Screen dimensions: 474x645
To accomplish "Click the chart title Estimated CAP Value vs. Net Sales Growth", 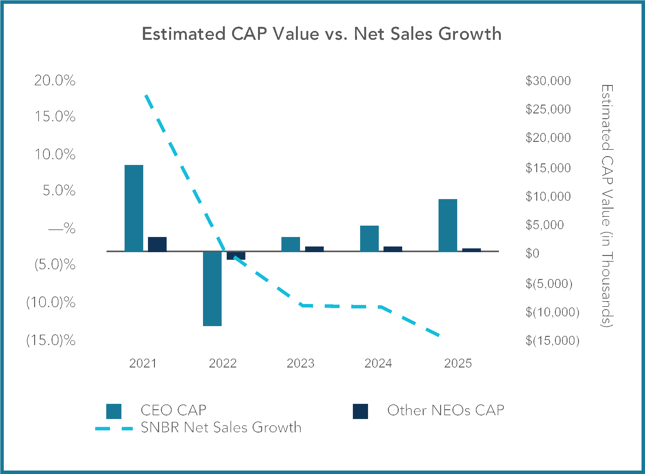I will coord(322,34).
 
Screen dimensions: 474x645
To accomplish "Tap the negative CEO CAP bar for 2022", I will coord(212,289).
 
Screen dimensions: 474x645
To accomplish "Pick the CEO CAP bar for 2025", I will coord(448,225).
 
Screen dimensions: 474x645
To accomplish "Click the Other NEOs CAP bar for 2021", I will coord(157,244).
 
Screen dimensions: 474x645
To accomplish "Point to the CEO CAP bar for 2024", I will coord(369,238).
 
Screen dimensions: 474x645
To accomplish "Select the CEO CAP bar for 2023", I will coord(291,244).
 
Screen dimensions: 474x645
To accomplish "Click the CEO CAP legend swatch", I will coord(114,411).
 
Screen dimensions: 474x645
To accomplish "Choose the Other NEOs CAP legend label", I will coord(445,410).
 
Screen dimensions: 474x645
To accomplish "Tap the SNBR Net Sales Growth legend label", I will coord(221,428).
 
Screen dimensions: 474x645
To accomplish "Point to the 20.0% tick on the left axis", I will coord(55,81).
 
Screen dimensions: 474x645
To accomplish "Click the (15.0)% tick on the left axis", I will coord(51,340).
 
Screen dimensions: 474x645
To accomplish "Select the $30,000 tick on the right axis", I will coord(548,81).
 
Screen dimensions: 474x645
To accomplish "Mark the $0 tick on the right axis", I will coord(532,253).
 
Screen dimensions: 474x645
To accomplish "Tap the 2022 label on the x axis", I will coord(223,363).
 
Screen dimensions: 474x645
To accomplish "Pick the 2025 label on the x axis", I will coord(458,363).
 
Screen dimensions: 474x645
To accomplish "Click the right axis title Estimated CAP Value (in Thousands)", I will coord(607,205).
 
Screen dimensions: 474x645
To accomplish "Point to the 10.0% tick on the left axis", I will coord(55,155).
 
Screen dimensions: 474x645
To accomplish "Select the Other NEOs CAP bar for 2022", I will coord(236,256).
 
